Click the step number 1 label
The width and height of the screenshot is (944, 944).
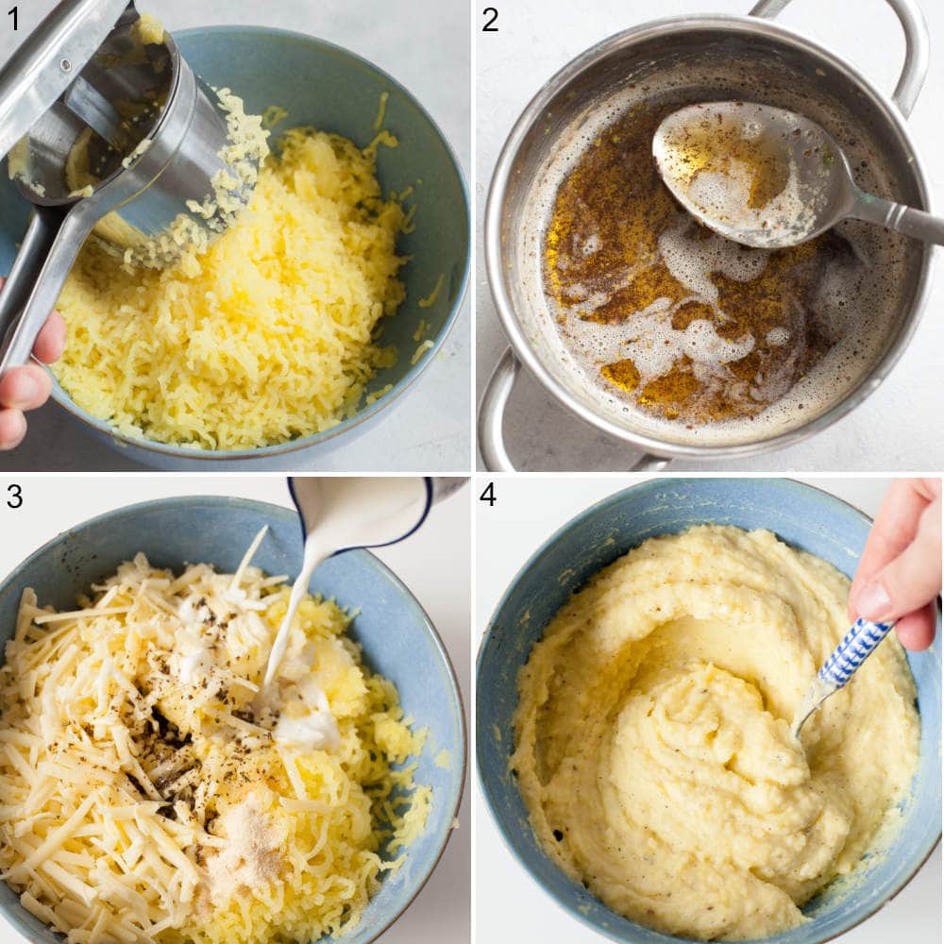pyautogui.click(x=13, y=18)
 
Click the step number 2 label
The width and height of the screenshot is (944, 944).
pyautogui.click(x=489, y=18)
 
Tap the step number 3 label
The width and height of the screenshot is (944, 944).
pyautogui.click(x=13, y=496)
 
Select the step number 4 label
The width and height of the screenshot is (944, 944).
pyautogui.click(x=488, y=494)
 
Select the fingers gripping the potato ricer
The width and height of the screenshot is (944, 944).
pyautogui.click(x=24, y=378)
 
